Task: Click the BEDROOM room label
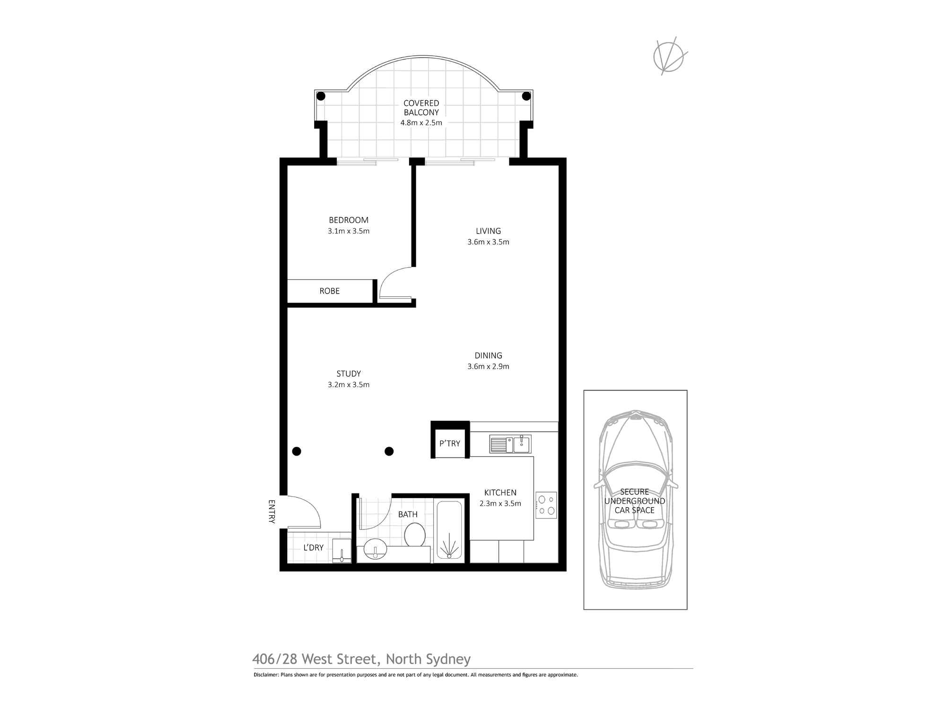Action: tap(349, 220)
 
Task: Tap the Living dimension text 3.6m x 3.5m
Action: tap(488, 242)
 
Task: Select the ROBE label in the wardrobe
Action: tap(330, 291)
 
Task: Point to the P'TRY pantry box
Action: tap(450, 443)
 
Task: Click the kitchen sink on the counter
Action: tap(510, 444)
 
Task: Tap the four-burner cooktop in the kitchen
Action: tap(546, 505)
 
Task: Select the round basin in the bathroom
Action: tap(376, 550)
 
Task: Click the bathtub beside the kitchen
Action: tap(448, 530)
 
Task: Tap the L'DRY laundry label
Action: tap(313, 547)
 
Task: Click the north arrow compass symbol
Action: tap(669, 56)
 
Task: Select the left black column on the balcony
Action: tap(321, 96)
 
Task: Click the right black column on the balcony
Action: tap(526, 96)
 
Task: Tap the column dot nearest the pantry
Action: tap(389, 451)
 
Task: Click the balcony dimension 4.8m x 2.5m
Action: tap(421, 123)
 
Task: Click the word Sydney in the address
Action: tap(448, 659)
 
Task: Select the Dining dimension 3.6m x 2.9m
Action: tap(488, 366)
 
